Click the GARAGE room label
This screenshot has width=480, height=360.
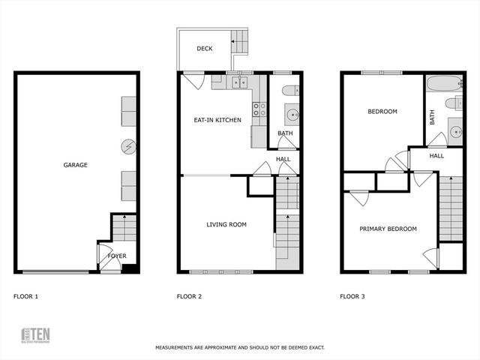click(x=75, y=165)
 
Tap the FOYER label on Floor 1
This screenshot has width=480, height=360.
click(x=117, y=256)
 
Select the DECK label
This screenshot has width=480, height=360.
click(x=205, y=49)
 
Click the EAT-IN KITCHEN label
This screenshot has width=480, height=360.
click(x=217, y=119)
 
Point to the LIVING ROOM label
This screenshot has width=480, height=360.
click(x=226, y=224)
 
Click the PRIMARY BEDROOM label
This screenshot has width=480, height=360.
click(x=388, y=229)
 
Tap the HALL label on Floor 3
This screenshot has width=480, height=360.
click(x=436, y=156)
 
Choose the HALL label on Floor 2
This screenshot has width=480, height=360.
click(x=283, y=159)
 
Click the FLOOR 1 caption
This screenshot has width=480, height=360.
click(x=25, y=297)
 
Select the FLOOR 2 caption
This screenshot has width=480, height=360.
click(x=189, y=297)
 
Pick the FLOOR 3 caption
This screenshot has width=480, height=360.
click(x=352, y=297)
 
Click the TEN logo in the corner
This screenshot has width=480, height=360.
click(x=35, y=334)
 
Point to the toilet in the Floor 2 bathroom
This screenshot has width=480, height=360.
click(x=289, y=91)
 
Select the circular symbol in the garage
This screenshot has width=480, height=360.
click(x=128, y=145)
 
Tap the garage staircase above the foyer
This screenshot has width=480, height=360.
click(x=124, y=226)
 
